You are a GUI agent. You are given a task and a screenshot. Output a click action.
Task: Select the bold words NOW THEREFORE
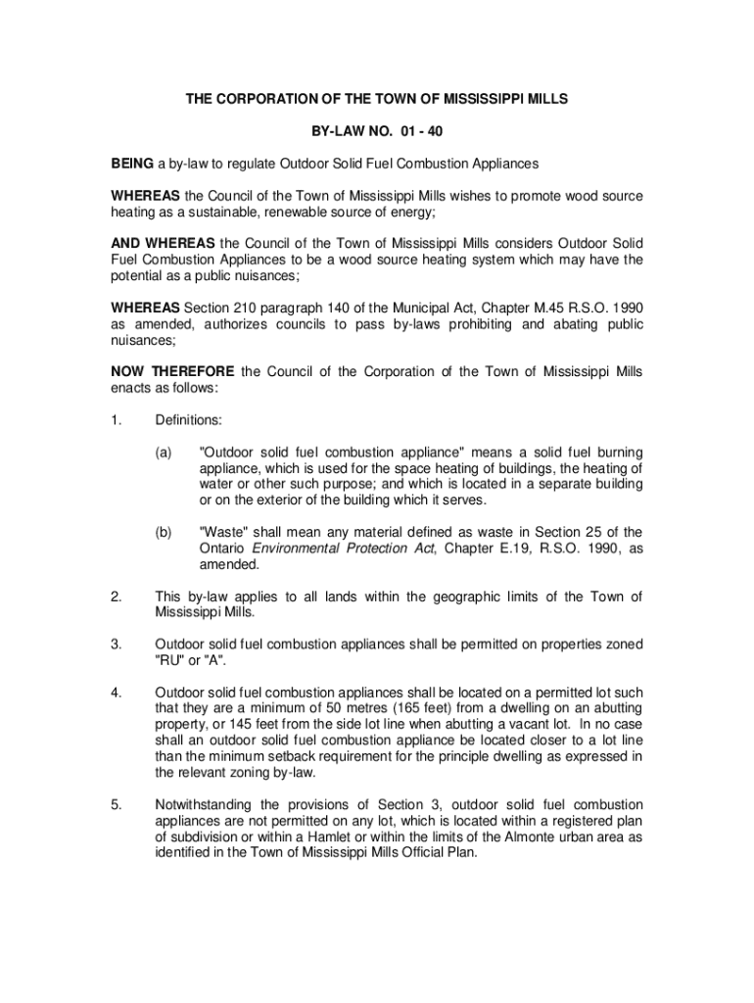tap(172, 371)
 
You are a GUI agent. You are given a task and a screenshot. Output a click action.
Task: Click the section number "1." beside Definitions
tap(117, 420)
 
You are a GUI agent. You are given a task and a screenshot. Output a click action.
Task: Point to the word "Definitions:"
tap(189, 420)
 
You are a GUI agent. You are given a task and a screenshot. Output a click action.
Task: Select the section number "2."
tap(117, 597)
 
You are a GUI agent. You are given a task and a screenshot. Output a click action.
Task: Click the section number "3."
tap(117, 645)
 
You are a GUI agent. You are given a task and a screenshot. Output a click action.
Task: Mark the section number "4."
tap(117, 693)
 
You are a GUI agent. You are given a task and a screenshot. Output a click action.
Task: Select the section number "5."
tap(117, 805)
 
